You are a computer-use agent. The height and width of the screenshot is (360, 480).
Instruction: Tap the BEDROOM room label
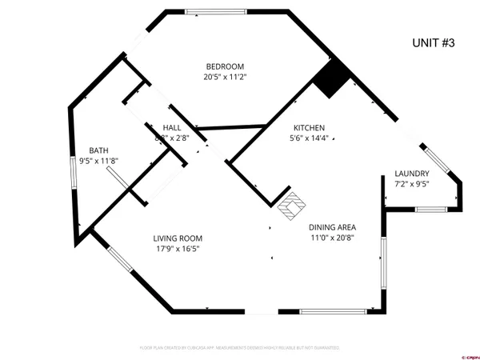(x=225, y=66)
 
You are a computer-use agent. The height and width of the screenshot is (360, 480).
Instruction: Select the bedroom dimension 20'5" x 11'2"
(x=225, y=78)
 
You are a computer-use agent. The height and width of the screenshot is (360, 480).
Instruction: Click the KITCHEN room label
(x=308, y=128)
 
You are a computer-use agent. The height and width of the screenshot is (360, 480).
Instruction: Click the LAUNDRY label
(x=412, y=174)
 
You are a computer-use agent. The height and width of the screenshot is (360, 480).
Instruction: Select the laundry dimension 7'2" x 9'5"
(x=412, y=185)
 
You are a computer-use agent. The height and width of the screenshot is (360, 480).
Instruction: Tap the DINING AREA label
(x=332, y=226)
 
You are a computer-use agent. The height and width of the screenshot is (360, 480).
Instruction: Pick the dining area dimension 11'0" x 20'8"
(x=332, y=238)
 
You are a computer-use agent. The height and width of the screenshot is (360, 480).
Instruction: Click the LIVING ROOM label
(x=178, y=238)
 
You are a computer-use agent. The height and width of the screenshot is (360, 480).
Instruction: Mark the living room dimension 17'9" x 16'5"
(x=178, y=250)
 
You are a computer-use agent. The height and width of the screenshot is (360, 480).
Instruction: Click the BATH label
(x=98, y=150)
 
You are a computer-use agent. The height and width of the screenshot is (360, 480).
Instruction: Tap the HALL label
(x=171, y=128)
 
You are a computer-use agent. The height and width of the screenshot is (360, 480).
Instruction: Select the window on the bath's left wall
(x=74, y=172)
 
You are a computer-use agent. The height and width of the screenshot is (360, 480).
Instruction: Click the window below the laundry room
(x=430, y=210)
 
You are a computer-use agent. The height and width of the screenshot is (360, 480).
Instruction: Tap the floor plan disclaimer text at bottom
(x=240, y=348)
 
